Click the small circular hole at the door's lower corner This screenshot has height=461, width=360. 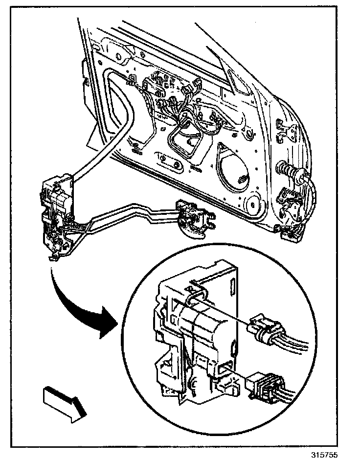click(253, 202)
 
